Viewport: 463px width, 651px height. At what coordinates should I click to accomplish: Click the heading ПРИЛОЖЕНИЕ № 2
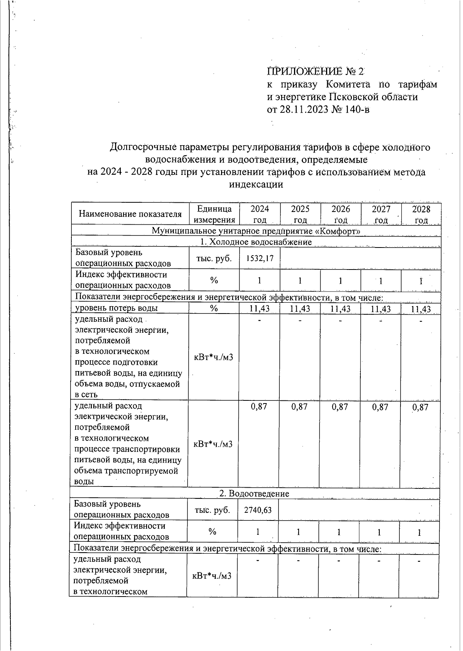point(315,71)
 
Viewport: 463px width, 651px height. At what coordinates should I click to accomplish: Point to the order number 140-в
point(356,109)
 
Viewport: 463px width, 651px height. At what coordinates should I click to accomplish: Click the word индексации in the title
point(256,185)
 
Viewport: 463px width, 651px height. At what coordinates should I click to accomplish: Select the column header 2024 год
point(260,214)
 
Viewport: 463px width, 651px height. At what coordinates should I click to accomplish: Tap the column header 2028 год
point(421,214)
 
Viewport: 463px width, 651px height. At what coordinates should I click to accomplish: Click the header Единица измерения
point(214,214)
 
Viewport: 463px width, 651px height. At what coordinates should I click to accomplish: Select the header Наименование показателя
point(130,214)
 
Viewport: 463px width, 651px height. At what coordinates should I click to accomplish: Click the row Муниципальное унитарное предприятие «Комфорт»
point(256,231)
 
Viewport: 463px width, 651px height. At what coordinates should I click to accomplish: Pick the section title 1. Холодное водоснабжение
point(256,242)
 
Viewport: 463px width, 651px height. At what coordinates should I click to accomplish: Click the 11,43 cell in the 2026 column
point(340,309)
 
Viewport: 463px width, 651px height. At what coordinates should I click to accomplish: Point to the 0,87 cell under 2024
point(259,407)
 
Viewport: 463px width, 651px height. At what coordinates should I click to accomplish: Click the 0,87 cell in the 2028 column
point(420,407)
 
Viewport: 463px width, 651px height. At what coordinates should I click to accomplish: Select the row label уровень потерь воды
point(116,308)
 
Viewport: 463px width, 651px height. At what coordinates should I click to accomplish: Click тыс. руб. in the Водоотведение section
point(212,510)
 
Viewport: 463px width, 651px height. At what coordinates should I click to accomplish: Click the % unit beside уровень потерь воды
point(214,308)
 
